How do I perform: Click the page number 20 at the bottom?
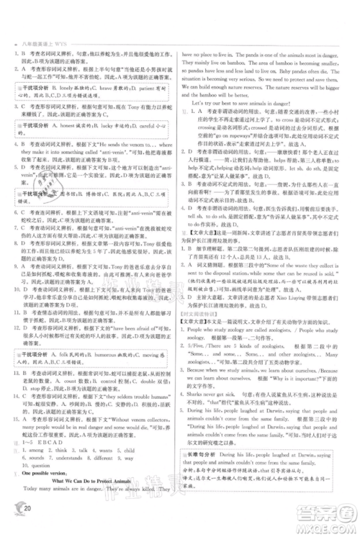[x=26, y=523]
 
